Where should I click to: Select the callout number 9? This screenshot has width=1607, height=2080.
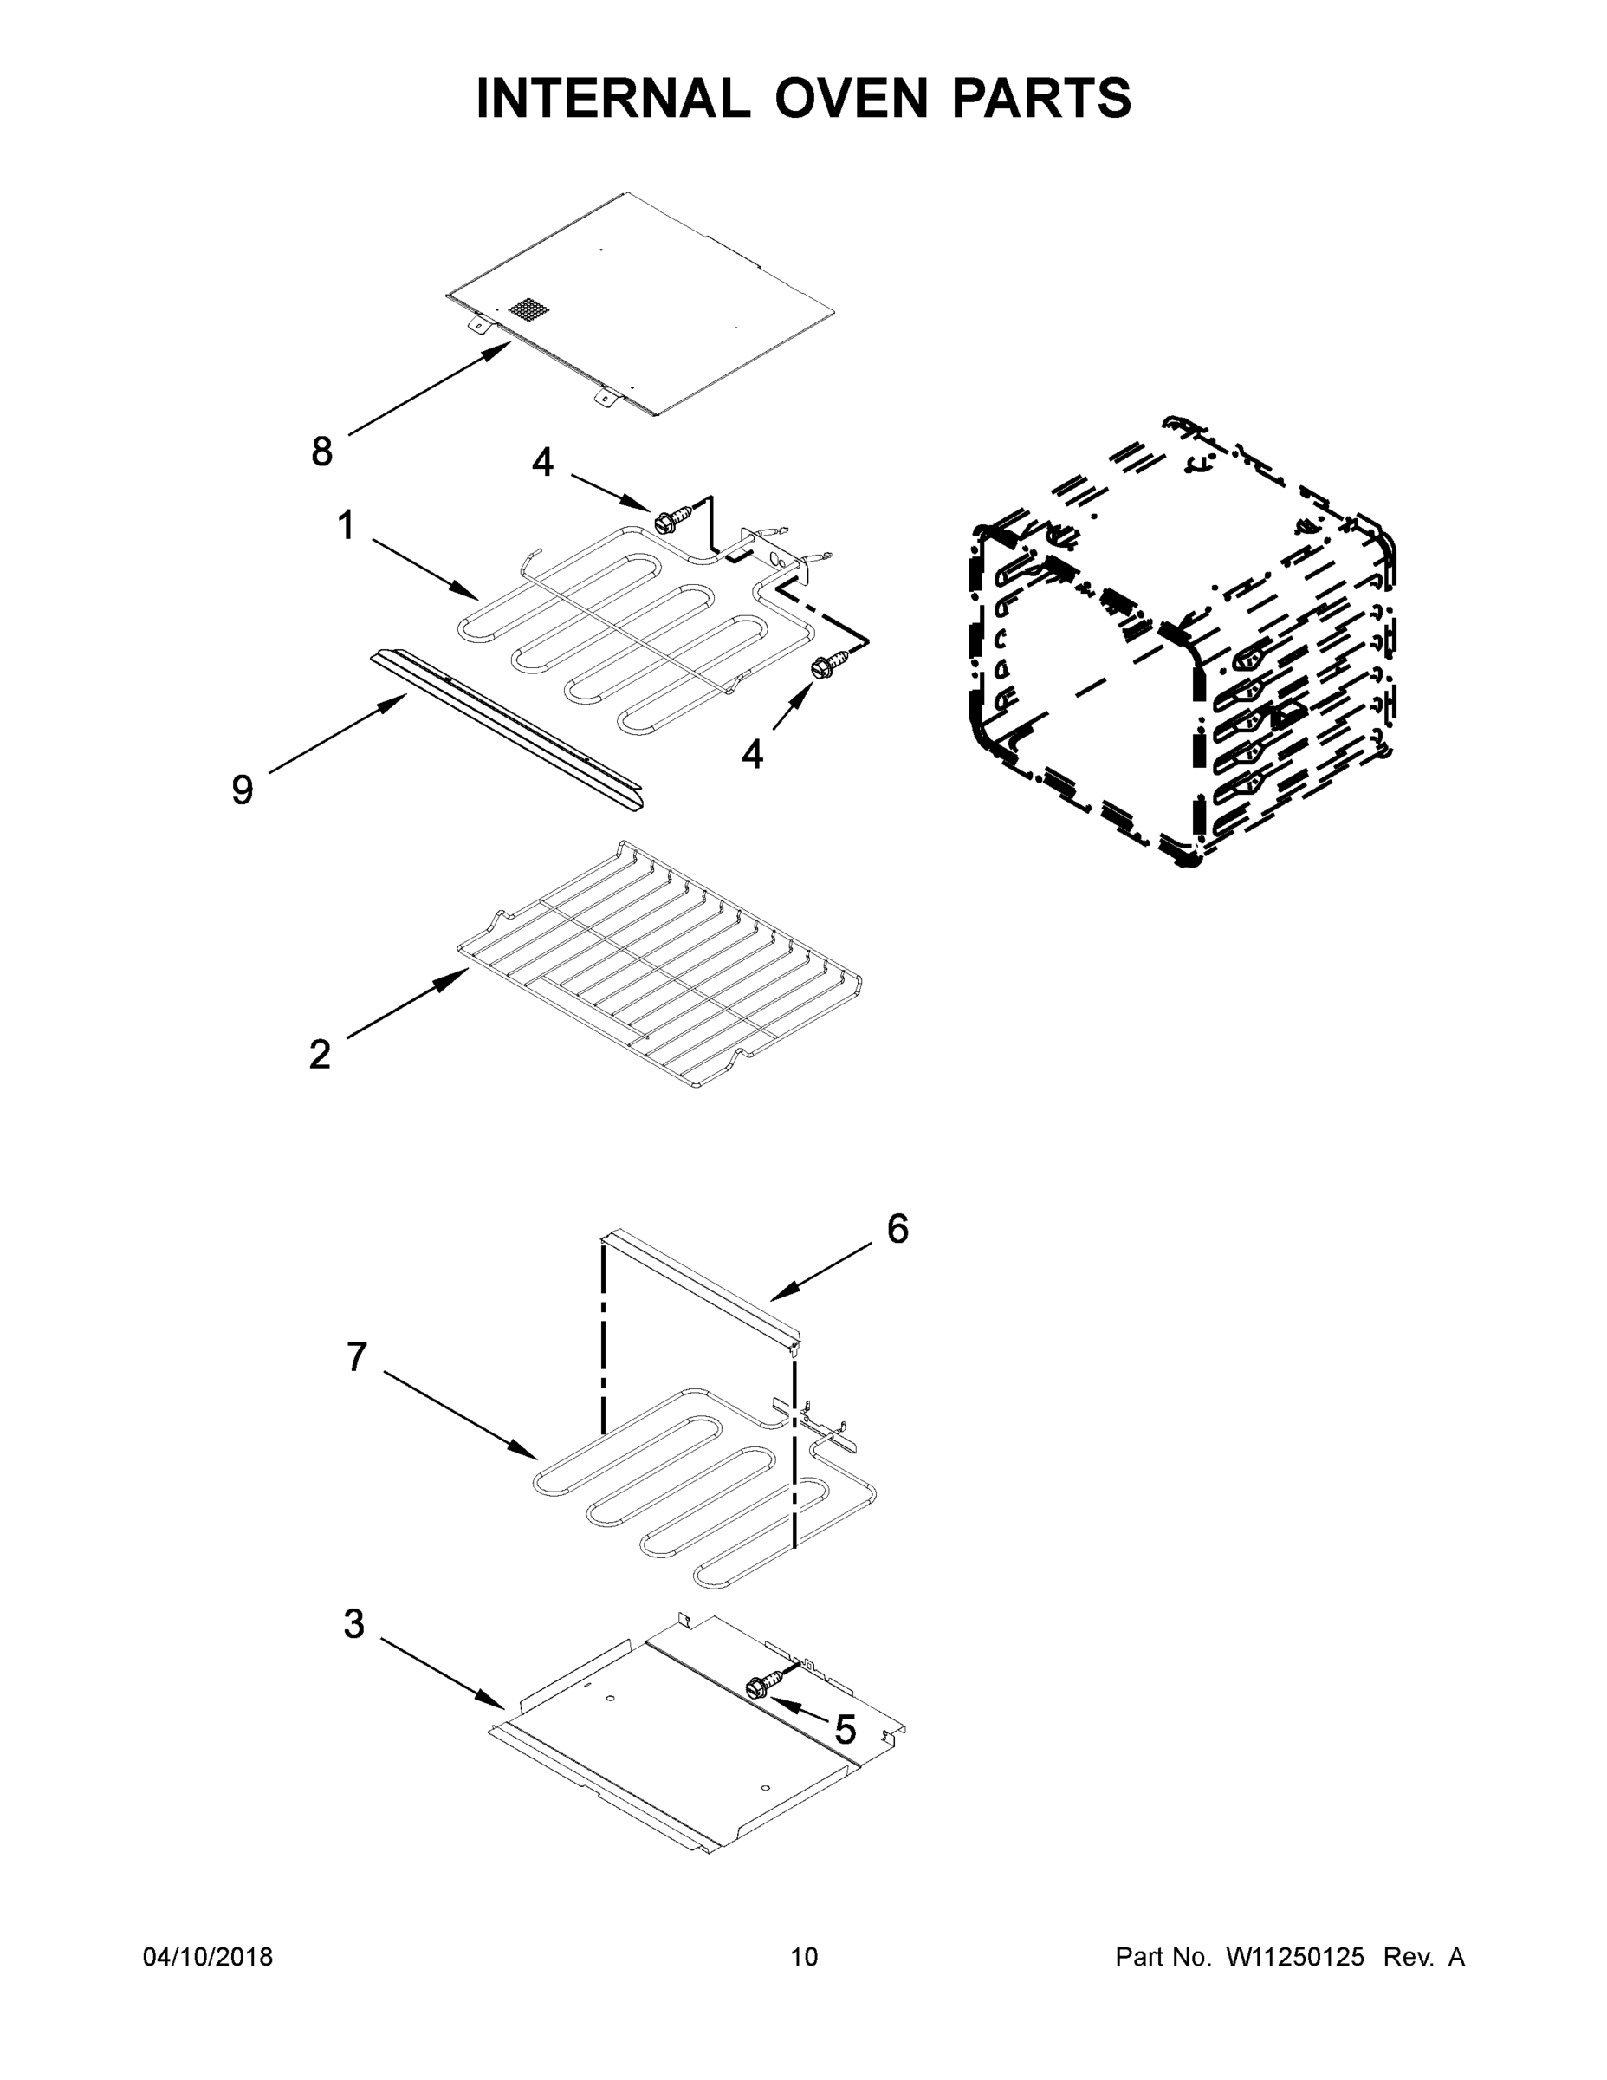[x=243, y=790]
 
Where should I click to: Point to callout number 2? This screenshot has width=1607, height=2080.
[x=320, y=1054]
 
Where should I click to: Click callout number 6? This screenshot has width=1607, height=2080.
[x=897, y=1230]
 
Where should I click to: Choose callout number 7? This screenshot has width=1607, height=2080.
[x=356, y=1357]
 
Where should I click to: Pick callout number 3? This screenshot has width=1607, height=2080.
[x=353, y=1625]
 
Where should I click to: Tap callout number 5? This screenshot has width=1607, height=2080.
[x=846, y=1730]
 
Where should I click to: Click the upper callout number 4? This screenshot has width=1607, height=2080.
[x=541, y=463]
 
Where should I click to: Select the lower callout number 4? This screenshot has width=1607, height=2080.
[x=752, y=755]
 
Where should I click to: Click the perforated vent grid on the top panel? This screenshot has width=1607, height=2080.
[x=529, y=309]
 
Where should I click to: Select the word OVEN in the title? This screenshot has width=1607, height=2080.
[x=851, y=98]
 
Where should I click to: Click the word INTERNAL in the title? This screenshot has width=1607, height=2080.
[x=613, y=98]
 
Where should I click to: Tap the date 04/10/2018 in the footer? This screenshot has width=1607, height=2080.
[x=208, y=1957]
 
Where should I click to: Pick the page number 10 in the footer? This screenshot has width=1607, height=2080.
[x=804, y=1957]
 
